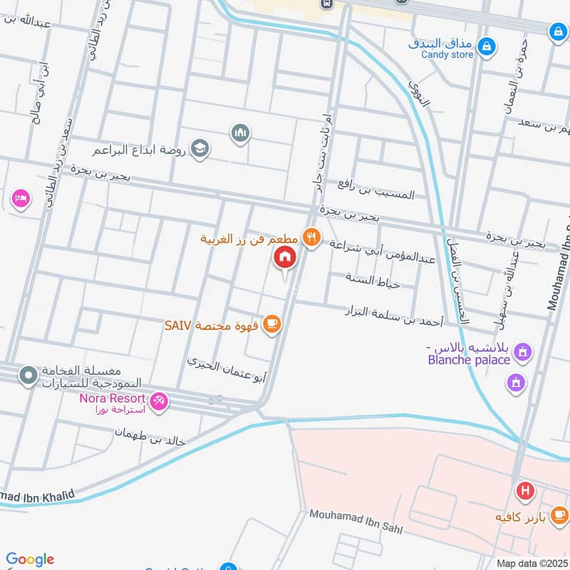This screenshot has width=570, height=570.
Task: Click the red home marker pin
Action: point(285,257)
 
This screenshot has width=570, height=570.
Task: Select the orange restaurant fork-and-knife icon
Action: point(311,237)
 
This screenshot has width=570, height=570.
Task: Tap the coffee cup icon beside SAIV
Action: point(271,325)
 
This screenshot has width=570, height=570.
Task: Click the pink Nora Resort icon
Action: point(158,403)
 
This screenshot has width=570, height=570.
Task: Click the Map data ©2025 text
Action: point(531,563)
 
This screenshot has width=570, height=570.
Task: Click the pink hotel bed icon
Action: point(21,198)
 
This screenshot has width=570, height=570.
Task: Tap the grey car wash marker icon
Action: point(28,374)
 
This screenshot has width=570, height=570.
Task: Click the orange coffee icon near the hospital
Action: point(559,514)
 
